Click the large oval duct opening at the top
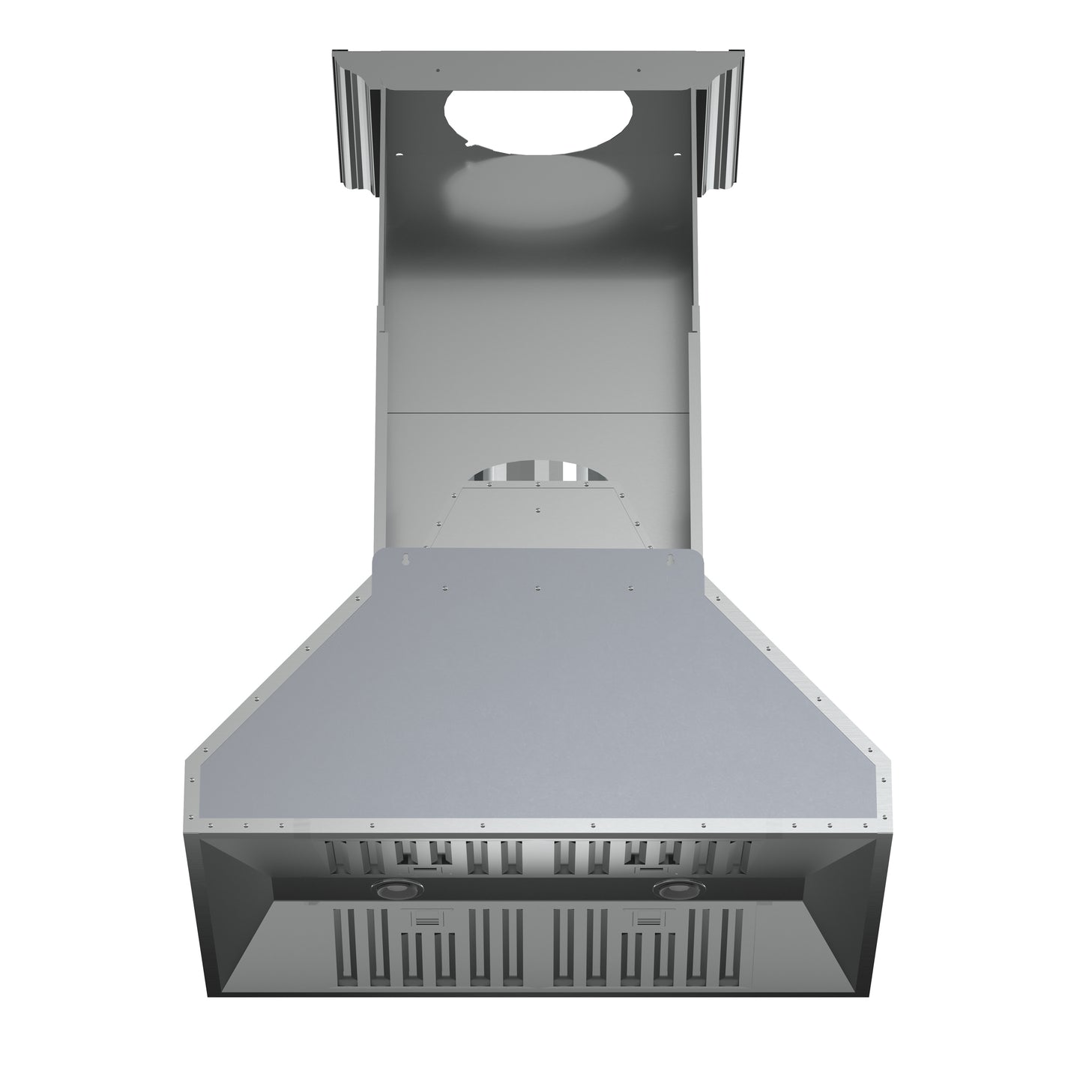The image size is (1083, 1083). pyautogui.click(x=537, y=121)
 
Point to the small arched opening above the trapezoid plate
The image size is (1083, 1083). pyautogui.click(x=537, y=471)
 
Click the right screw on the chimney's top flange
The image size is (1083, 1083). pyautogui.click(x=639, y=71)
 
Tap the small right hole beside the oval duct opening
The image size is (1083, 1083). pyautogui.click(x=677, y=154)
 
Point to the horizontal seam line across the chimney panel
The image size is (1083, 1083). pyautogui.click(x=537, y=411)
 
